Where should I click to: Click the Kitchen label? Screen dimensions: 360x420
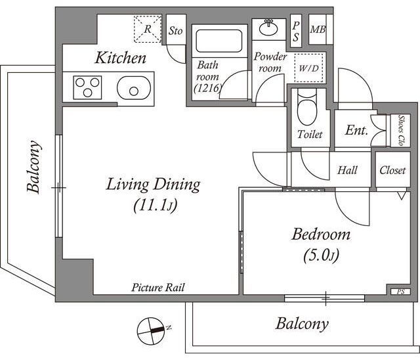tap(121, 58)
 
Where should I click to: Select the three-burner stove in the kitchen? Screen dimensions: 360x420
tap(87, 87)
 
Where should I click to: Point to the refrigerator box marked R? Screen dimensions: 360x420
tap(148, 30)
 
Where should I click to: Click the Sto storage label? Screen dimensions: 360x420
tap(175, 30)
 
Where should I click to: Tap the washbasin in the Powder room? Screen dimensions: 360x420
tap(268, 28)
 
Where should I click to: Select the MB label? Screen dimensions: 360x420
tap(318, 30)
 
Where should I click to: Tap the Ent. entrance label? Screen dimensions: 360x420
tap(356, 130)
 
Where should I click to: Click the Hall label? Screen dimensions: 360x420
tap(347, 170)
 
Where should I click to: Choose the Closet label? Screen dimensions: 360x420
tap(392, 170)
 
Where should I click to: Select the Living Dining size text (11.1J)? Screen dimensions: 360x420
tap(153, 206)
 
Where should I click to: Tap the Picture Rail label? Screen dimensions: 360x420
tap(158, 287)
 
